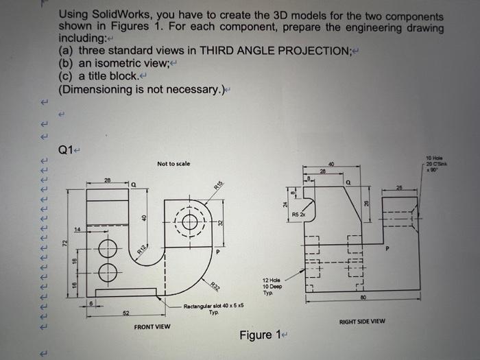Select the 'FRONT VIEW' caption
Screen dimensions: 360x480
click(153, 326)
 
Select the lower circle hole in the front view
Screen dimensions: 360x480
click(105, 272)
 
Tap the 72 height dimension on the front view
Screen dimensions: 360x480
click(67, 243)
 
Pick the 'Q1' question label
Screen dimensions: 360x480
click(67, 149)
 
